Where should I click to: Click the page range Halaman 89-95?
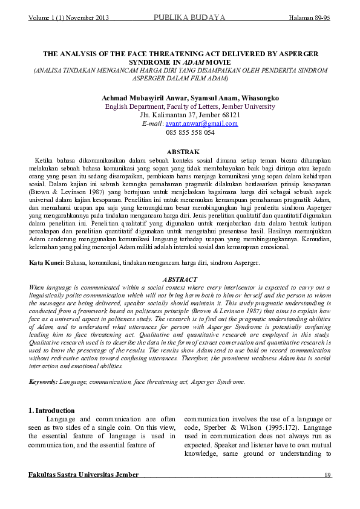[309, 18]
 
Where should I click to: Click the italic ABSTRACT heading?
[180, 279]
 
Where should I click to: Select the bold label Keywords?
[43, 382]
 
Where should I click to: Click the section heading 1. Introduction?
[52, 410]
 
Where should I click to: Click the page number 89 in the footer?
[327, 475]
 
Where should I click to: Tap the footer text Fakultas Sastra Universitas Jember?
[83, 475]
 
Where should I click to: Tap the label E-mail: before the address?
[152, 123]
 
